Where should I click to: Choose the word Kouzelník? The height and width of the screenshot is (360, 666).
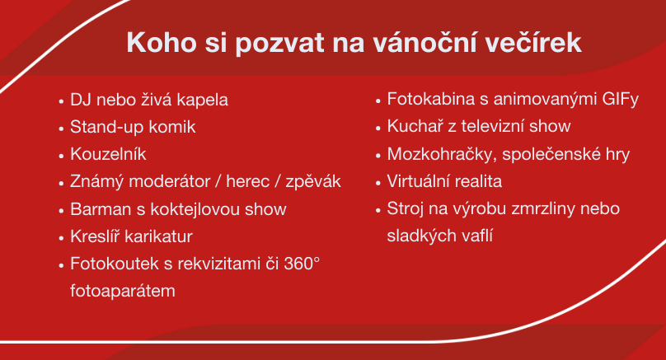click(108, 154)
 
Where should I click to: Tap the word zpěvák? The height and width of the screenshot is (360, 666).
click(313, 182)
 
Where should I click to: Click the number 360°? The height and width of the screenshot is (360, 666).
click(302, 264)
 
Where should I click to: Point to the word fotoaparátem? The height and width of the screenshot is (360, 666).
click(123, 292)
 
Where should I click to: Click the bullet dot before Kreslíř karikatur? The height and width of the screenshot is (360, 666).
click(61, 238)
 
